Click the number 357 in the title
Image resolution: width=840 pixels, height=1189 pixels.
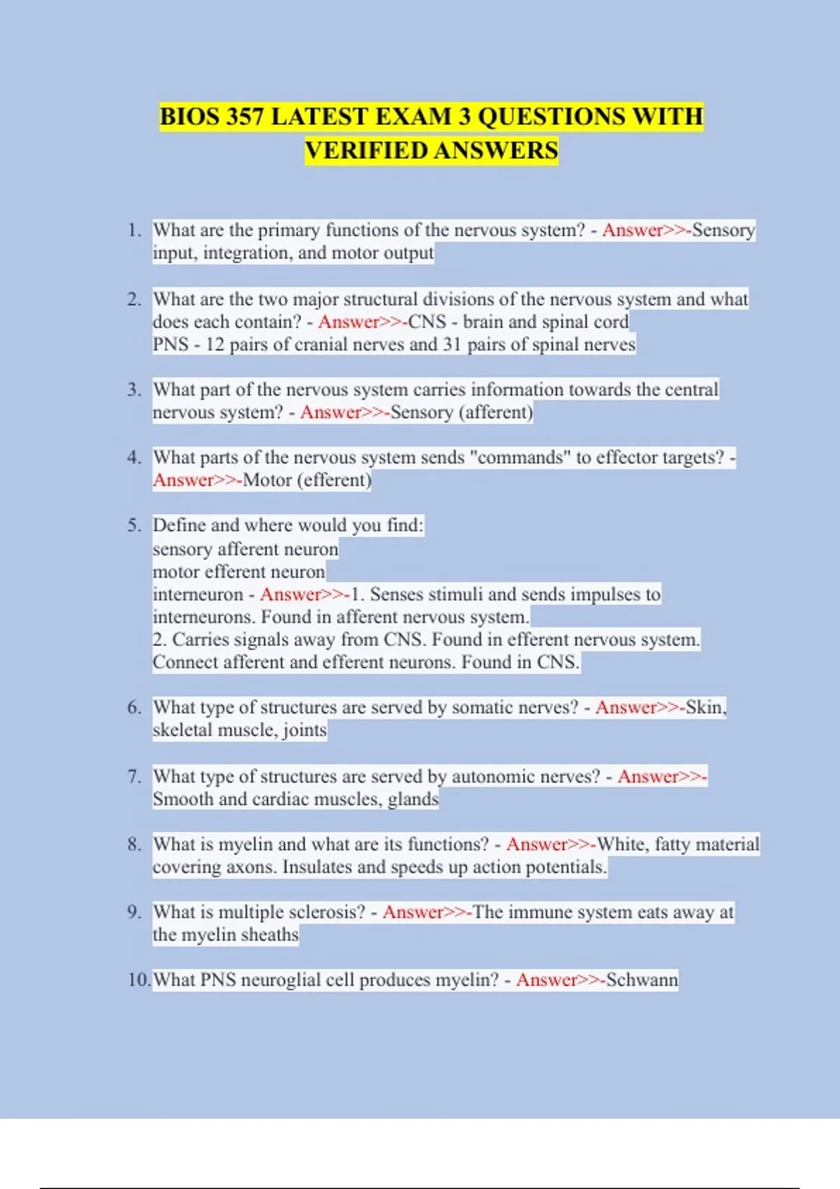[244, 116]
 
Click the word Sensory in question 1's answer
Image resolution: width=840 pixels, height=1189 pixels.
[723, 230]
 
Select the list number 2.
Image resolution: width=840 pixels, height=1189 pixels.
[134, 299]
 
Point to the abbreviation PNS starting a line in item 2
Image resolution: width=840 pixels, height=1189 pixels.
[171, 344]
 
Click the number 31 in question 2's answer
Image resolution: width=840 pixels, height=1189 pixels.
[451, 344]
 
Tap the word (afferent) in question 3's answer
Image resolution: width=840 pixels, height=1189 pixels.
[496, 412]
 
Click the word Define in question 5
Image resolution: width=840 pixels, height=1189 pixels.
[179, 525]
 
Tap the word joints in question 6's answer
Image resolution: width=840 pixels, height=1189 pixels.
[304, 730]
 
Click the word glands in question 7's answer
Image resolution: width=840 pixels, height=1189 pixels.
[413, 799]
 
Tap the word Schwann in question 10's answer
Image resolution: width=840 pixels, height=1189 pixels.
[642, 980]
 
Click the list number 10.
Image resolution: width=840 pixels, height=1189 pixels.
[139, 980]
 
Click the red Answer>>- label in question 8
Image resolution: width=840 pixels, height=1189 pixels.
[551, 844]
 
